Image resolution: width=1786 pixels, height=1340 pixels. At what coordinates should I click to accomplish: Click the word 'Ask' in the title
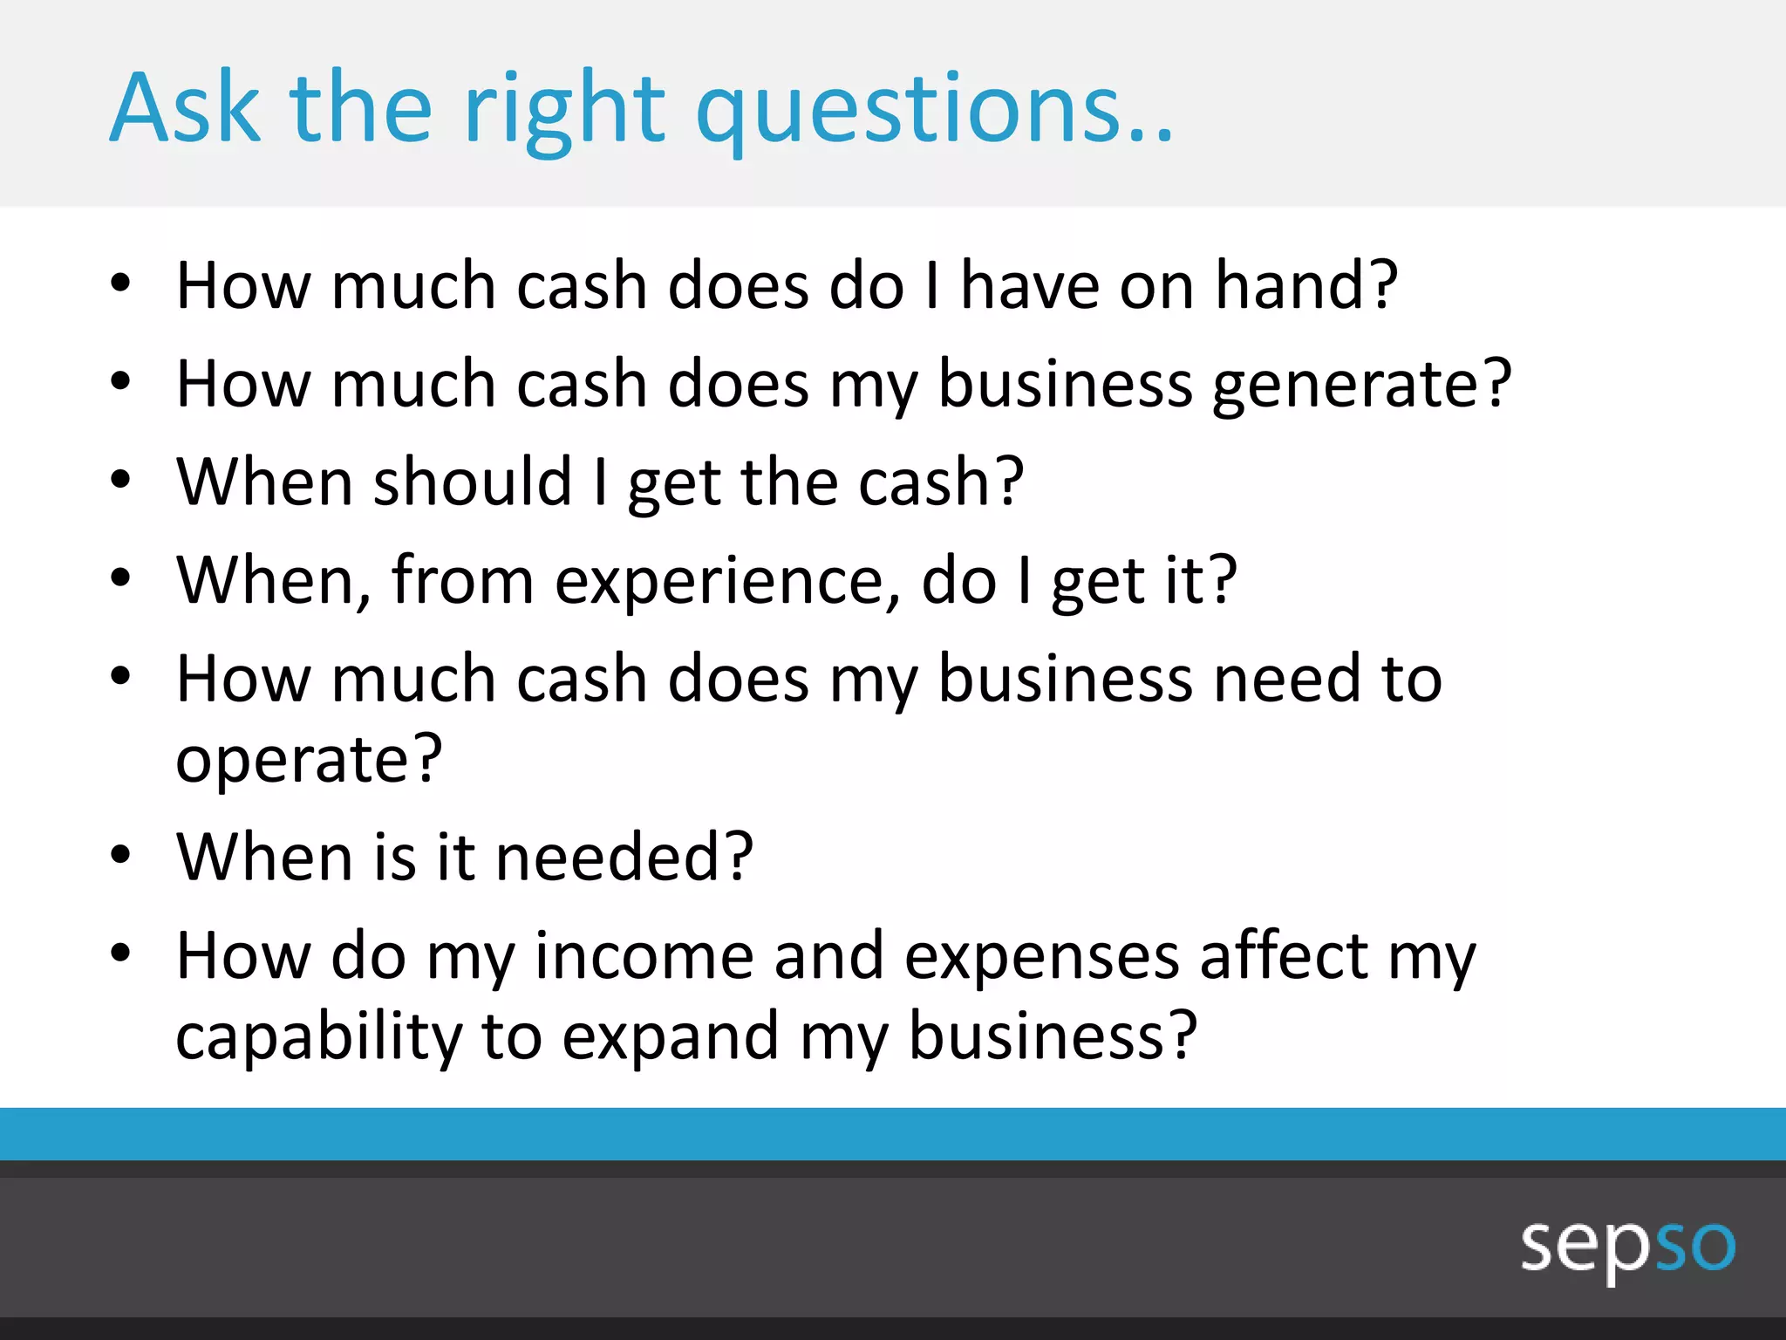185,108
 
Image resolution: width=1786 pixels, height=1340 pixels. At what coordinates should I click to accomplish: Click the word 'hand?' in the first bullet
1306,286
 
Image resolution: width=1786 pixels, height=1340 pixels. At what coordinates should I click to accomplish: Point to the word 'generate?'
1361,386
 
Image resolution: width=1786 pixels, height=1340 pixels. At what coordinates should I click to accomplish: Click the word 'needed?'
624,858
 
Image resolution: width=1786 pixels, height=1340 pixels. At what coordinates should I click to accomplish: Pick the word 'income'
644,956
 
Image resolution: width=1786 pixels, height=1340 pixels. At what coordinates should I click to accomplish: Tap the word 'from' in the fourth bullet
462,580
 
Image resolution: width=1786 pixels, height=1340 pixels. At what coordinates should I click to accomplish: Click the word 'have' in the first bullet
1029,286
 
